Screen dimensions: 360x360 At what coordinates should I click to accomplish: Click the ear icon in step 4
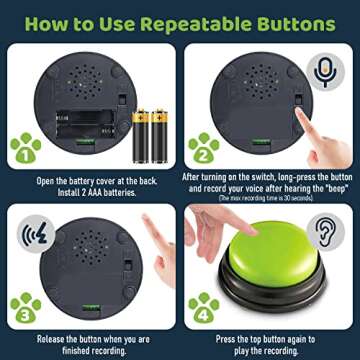click(x=325, y=228)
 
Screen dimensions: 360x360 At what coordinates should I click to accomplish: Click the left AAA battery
click(x=141, y=130)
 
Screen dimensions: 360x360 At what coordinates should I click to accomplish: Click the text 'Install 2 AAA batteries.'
click(x=89, y=190)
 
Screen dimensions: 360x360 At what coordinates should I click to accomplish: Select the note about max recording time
click(x=270, y=198)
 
